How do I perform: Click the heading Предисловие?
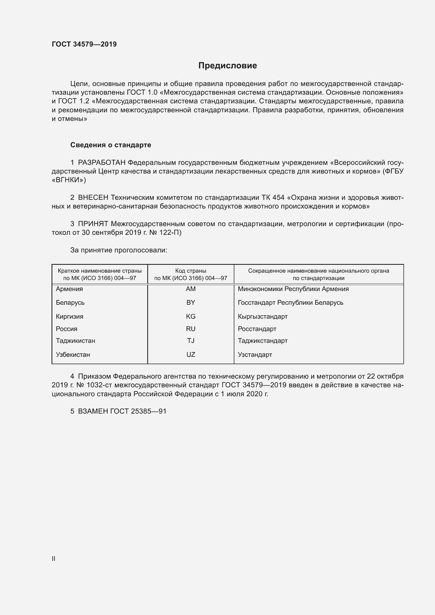227,66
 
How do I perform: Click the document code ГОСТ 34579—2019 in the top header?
84,44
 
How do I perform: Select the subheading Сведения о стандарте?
111,145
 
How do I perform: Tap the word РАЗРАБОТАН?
102,162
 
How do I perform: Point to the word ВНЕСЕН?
93,197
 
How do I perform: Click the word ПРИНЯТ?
93,224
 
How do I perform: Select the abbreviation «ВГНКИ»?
69,180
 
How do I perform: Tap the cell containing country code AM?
191,289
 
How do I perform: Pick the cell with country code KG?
191,316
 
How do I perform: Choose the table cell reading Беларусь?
70,302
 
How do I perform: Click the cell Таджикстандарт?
262,341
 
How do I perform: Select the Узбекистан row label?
73,355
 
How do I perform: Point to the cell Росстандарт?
257,329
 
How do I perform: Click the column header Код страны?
191,271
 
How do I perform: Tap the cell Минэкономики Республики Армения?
293,289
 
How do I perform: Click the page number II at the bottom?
54,558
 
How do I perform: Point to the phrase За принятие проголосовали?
119,250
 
